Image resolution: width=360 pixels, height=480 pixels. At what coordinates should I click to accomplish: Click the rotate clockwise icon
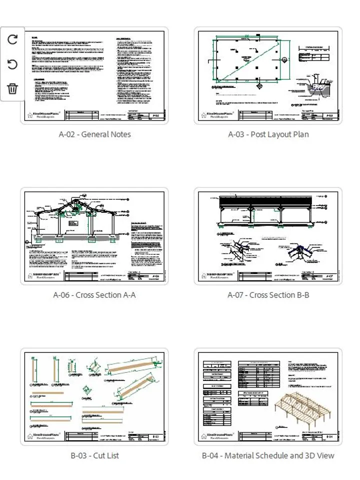tap(12, 39)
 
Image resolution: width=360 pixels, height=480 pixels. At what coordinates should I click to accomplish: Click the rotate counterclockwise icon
tap(12, 64)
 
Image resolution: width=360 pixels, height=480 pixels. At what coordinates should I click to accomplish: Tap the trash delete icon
tap(12, 89)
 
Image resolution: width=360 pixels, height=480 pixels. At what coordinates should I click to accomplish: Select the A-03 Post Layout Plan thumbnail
tap(268, 75)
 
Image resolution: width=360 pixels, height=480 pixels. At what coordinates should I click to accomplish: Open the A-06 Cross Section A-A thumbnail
tap(94, 236)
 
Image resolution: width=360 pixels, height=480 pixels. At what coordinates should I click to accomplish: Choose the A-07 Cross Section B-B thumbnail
tap(268, 236)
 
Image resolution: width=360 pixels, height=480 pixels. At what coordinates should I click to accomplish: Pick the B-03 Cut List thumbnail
tap(94, 396)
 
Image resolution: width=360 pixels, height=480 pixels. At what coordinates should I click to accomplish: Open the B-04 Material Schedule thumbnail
tap(268, 396)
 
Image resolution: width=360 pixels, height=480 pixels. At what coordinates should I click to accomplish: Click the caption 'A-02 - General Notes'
tap(94, 134)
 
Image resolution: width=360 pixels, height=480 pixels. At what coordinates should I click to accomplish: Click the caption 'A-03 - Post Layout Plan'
tap(268, 134)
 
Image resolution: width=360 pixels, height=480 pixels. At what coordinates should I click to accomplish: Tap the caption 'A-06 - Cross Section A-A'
tap(94, 295)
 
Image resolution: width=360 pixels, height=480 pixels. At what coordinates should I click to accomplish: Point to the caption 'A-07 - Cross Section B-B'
tap(268, 295)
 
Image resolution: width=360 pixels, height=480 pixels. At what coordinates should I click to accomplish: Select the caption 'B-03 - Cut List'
tap(94, 455)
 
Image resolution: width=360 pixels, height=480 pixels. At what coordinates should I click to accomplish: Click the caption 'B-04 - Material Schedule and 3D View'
tap(268, 455)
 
